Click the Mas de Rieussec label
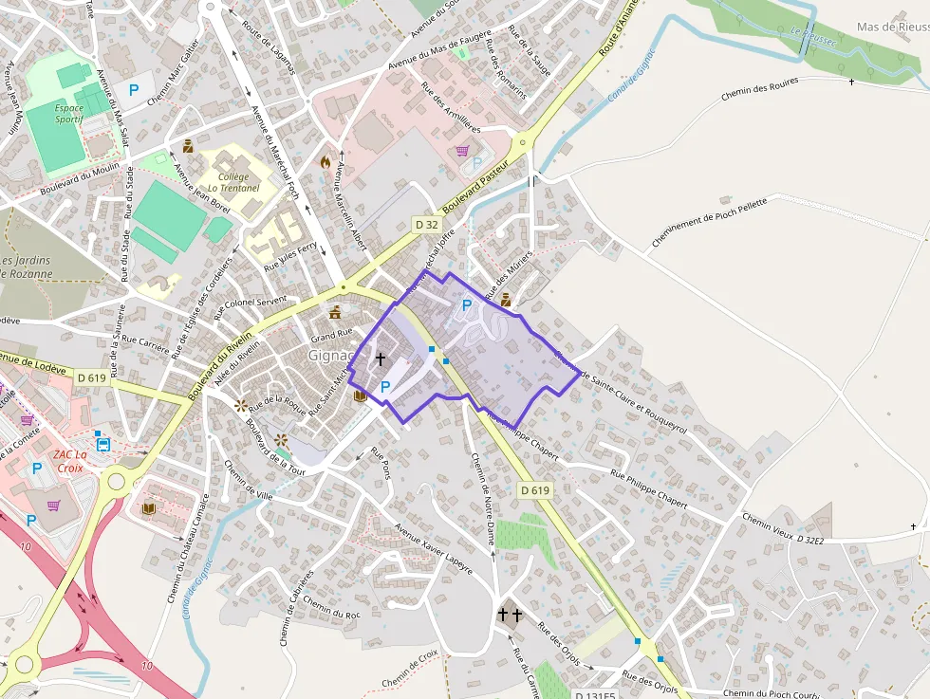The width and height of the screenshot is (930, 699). point(892,27)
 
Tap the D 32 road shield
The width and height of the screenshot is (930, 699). point(426,225)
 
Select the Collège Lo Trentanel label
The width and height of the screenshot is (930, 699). point(232,182)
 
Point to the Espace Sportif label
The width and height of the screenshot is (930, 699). point(68,114)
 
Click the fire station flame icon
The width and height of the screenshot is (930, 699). point(326,162)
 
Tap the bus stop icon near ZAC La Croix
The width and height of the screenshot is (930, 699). point(102,442)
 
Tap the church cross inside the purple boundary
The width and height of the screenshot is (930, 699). point(381,359)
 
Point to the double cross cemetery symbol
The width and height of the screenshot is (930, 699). point(510,615)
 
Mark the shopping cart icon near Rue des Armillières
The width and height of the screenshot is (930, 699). point(462,150)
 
